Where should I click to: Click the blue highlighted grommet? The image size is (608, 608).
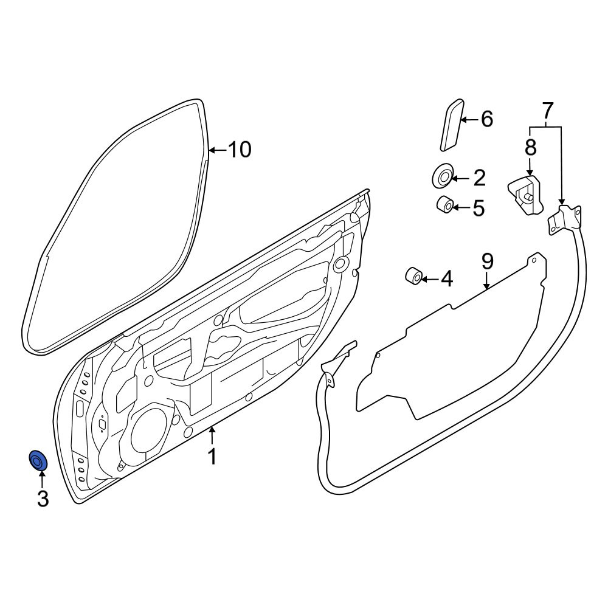[38, 460]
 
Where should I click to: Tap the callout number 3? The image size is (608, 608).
[43, 499]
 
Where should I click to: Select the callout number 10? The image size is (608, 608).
[239, 150]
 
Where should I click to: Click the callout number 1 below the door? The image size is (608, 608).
[212, 457]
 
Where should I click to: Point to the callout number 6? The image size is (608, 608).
[486, 119]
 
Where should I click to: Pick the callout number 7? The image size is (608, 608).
[547, 111]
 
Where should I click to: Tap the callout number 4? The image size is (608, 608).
[447, 279]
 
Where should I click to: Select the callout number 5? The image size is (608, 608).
[479, 208]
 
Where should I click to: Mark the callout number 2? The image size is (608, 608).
[480, 178]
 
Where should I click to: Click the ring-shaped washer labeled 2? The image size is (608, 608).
[442, 176]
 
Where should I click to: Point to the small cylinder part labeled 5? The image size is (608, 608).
[445, 205]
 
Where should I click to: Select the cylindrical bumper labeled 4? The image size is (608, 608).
[413, 275]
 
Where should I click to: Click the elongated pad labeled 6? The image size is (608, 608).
[452, 125]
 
